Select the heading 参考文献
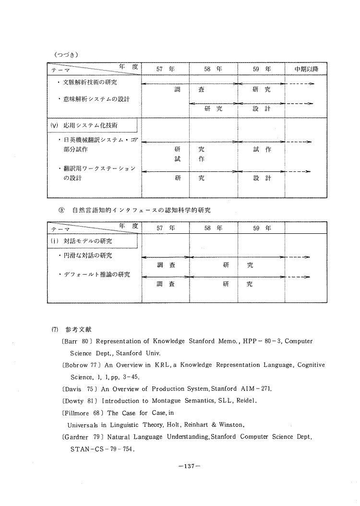[x=79, y=330]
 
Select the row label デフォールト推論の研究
[x=94, y=275]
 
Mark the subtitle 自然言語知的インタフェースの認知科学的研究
[x=141, y=210]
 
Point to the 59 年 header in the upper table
[x=262, y=69]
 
